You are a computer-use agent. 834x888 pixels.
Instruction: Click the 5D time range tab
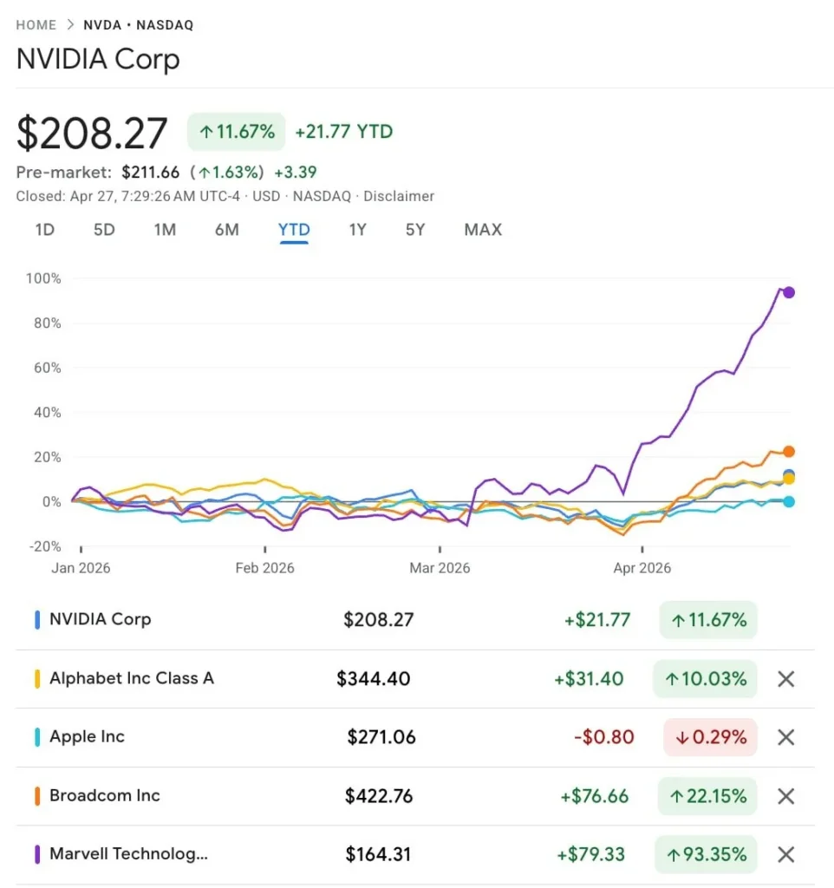[104, 230]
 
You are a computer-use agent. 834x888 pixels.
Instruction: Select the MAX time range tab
[483, 230]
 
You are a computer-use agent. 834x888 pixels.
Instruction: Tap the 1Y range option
[357, 230]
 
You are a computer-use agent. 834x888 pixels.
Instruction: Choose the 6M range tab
[226, 230]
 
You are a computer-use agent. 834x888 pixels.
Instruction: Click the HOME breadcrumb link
[36, 25]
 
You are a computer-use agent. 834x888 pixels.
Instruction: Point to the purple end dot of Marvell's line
[789, 292]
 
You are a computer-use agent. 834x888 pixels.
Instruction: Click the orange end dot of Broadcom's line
[789, 452]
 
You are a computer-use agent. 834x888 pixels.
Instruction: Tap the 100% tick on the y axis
[43, 278]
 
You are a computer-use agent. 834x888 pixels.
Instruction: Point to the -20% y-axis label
[42, 546]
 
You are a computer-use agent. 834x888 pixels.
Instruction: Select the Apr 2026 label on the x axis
[642, 569]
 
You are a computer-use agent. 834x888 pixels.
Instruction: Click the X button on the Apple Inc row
[785, 738]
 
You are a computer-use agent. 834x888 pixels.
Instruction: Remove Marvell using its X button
[785, 855]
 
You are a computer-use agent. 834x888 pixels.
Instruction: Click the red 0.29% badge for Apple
[710, 738]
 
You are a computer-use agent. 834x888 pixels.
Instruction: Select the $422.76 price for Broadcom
[380, 796]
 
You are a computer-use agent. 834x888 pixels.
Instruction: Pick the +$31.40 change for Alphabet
[589, 679]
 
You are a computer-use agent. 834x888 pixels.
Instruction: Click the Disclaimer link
[399, 197]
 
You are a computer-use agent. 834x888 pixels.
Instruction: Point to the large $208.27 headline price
[92, 134]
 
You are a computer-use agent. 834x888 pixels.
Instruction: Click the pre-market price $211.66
[151, 172]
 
